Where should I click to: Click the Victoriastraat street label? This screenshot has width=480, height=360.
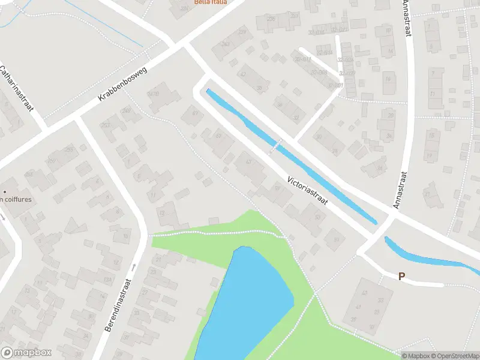click(307, 191)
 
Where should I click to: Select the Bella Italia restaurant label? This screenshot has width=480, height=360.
click(211, 2)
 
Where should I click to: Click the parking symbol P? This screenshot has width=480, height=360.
click(402, 277)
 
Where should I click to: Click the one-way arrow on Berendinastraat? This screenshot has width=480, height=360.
click(134, 267)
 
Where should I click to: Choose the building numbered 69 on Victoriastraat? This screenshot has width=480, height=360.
click(194, 112)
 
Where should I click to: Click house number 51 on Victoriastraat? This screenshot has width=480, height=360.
click(336, 240)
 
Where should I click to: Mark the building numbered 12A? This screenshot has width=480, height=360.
click(107, 280)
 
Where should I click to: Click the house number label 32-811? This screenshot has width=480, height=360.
click(302, 59)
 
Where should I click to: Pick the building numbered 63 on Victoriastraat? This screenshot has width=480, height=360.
click(248, 162)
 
